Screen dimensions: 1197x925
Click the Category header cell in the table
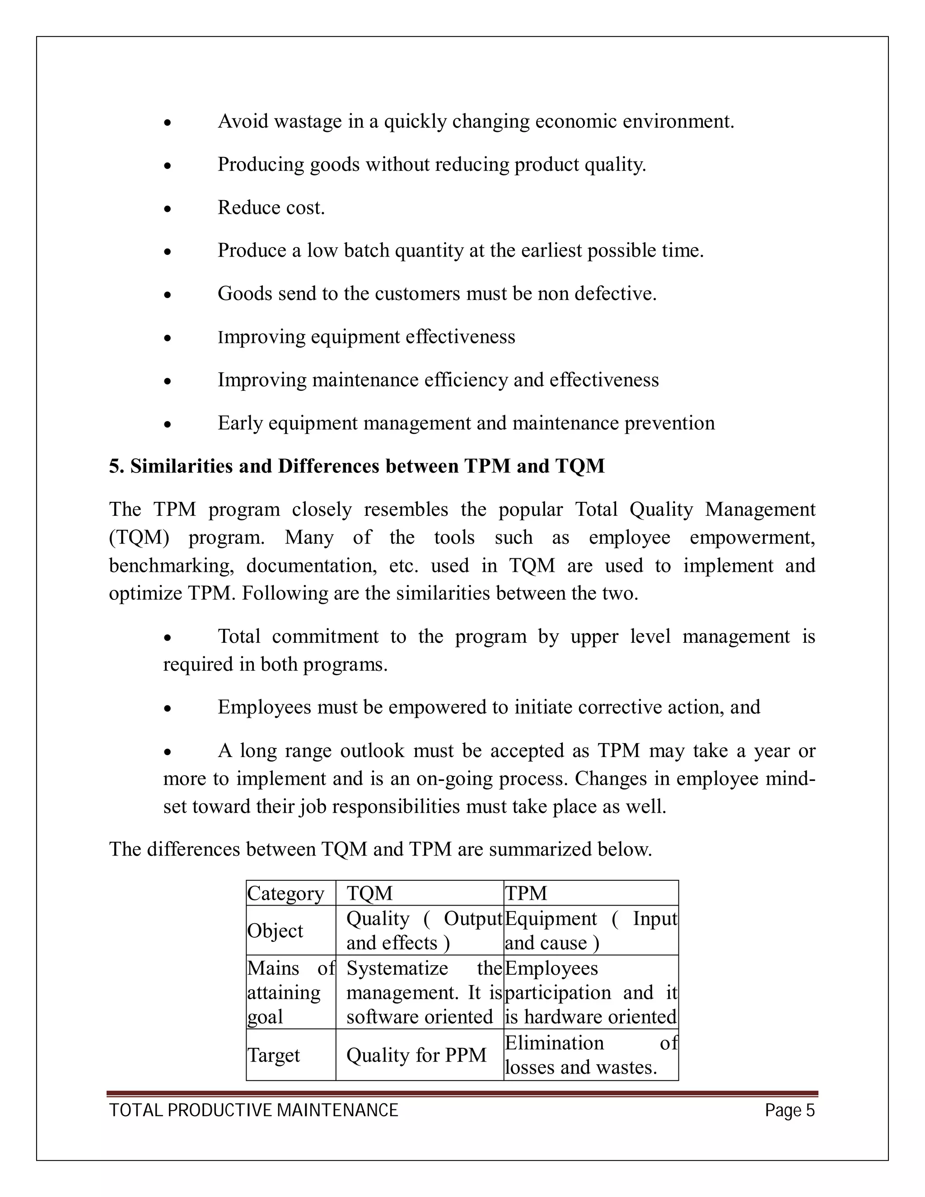(x=285, y=893)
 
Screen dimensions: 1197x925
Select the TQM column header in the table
(x=369, y=893)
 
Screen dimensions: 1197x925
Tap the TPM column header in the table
(x=526, y=893)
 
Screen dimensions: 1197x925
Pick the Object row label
(x=275, y=930)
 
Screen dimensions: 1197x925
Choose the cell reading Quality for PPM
(x=416, y=1055)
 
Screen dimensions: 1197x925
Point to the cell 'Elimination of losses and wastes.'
(x=590, y=1055)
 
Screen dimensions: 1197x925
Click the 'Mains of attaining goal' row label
(x=290, y=992)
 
